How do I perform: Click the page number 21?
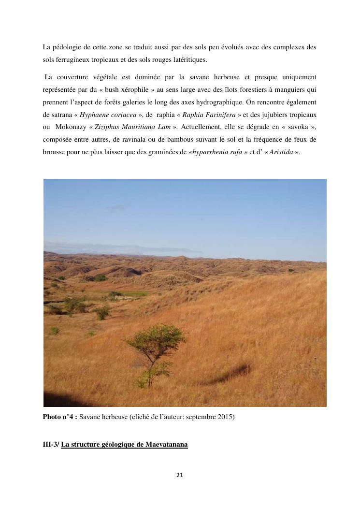coord(180,475)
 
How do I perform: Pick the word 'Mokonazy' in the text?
coord(71,127)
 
